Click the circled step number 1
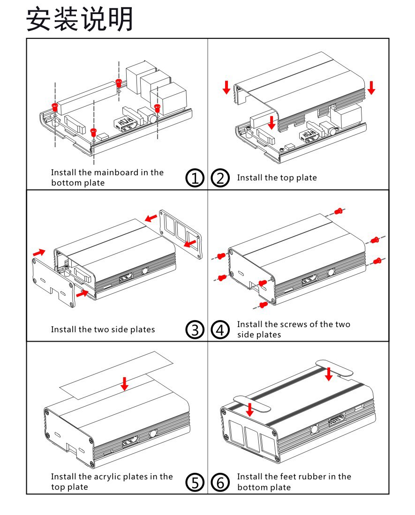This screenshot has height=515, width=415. pyautogui.click(x=196, y=179)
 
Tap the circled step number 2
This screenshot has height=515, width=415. pyautogui.click(x=220, y=179)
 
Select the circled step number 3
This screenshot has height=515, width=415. pyautogui.click(x=196, y=330)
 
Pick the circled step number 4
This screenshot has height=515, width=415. pyautogui.click(x=220, y=330)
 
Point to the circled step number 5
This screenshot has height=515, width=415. pyautogui.click(x=196, y=482)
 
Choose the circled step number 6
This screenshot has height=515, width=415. pyautogui.click(x=220, y=482)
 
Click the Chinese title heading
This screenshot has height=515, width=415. pyautogui.click(x=80, y=20)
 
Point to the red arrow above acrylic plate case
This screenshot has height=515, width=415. pyautogui.click(x=124, y=383)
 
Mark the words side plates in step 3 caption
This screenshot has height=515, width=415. pyautogui.click(x=134, y=329)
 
